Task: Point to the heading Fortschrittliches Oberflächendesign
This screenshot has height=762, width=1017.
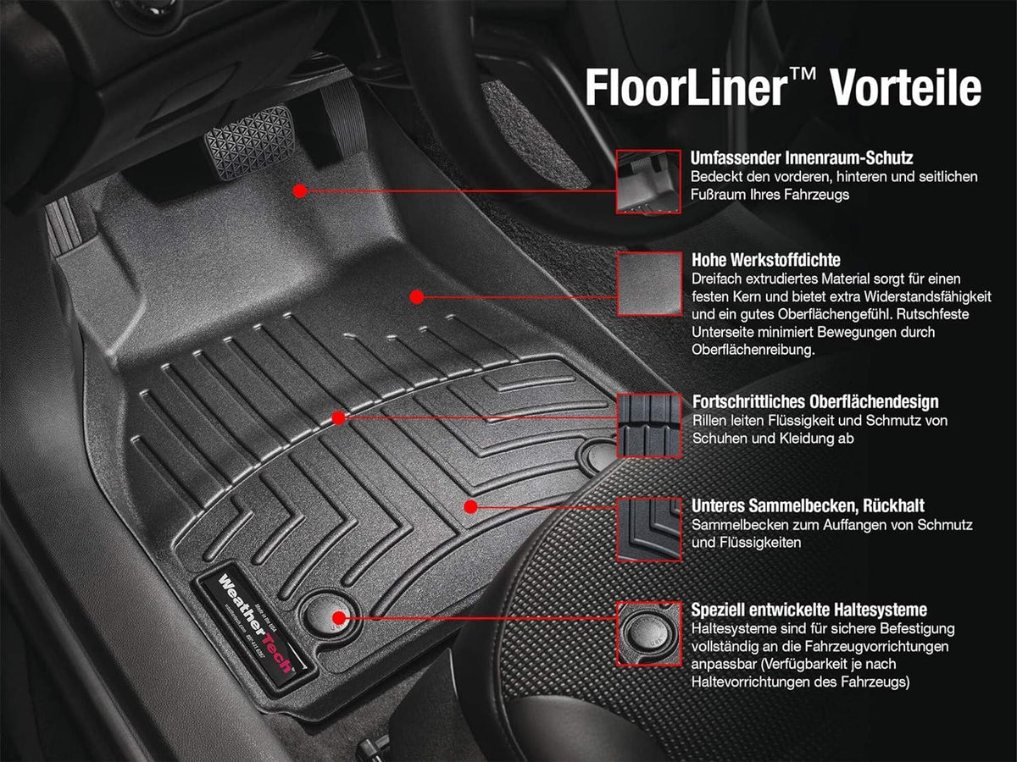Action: (x=815, y=401)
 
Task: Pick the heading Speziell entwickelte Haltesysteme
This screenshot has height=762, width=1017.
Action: (x=809, y=610)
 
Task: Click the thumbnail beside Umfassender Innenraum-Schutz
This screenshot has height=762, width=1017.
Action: (x=648, y=181)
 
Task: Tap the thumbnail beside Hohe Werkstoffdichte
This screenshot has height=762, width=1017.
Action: (x=648, y=283)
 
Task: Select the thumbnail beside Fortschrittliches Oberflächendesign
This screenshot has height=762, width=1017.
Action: (x=648, y=425)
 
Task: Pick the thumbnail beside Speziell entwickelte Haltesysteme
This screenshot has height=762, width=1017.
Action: (x=648, y=632)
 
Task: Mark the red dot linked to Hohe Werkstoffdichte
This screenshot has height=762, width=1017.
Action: (x=416, y=296)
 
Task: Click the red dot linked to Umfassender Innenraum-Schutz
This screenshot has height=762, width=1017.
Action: (x=299, y=191)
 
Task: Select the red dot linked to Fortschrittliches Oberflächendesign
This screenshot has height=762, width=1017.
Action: (x=338, y=418)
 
